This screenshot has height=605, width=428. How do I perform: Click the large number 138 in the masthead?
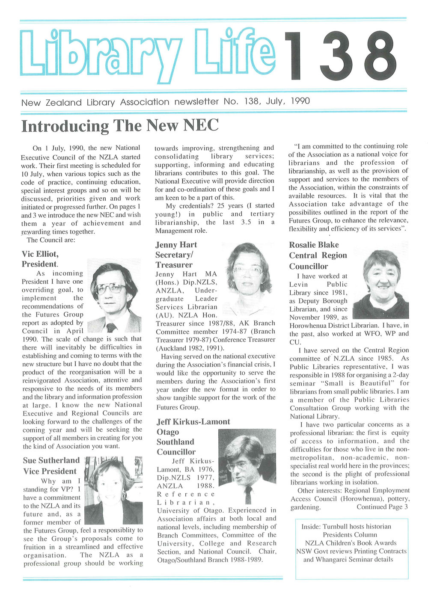341,56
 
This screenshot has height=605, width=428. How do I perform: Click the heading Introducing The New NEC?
120,126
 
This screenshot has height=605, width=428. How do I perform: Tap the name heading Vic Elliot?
40,254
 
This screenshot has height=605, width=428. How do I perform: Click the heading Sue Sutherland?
51,460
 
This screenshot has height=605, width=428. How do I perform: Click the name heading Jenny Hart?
176,245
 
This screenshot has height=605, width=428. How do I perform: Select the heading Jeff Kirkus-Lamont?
193,421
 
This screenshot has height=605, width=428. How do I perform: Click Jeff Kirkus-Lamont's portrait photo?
247,466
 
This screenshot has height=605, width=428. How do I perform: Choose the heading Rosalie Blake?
314,245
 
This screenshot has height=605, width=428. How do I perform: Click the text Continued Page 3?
382,507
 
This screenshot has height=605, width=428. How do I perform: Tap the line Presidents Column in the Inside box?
350,534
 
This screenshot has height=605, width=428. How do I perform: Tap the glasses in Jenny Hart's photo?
247,270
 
